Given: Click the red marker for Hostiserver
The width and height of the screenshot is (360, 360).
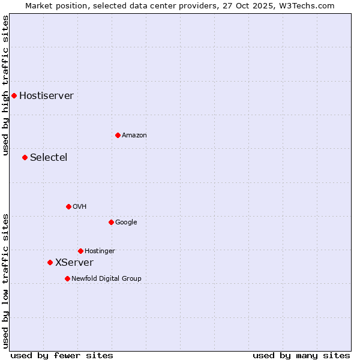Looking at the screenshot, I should (x=14, y=95).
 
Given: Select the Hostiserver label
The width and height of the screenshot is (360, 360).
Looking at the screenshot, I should (x=46, y=96).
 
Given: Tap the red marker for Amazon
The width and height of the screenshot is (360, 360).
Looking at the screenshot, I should (x=118, y=135).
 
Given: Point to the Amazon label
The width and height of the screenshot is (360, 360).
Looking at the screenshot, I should (x=134, y=136).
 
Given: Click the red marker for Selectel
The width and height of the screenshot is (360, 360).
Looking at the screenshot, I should (x=25, y=157).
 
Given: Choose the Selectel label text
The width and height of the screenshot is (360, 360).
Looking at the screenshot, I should (x=49, y=158).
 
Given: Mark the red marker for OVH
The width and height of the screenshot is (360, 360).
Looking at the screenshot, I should (x=68, y=206).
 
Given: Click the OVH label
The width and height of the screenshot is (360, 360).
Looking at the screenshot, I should (x=80, y=207).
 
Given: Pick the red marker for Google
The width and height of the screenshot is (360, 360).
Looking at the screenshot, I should (x=111, y=222).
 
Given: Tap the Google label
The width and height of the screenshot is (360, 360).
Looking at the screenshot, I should (x=126, y=223).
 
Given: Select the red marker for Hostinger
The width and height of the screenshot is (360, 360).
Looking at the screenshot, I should (x=80, y=251).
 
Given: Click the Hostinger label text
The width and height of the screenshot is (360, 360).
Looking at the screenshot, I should (x=100, y=251).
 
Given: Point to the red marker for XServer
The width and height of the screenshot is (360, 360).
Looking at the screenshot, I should (x=50, y=262).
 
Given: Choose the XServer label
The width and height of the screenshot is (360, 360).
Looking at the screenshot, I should (x=74, y=263).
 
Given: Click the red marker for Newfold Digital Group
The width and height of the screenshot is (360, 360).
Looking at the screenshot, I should (x=67, y=278).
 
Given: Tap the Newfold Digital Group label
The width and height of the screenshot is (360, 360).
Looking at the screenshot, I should (x=106, y=279).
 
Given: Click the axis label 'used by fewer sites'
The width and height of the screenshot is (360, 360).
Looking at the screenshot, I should (x=62, y=355).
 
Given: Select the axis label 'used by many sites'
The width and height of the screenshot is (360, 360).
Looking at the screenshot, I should (x=301, y=355).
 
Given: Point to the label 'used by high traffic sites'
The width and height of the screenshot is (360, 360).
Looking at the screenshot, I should (x=6, y=85).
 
